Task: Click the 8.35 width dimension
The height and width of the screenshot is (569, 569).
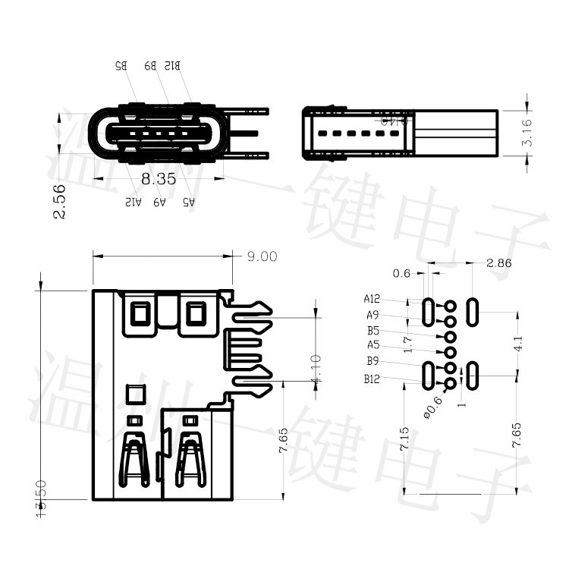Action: pyautogui.click(x=159, y=179)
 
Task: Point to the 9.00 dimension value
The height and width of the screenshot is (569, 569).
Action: pyautogui.click(x=262, y=256)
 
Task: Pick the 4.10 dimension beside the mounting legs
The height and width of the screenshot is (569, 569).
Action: pyautogui.click(x=316, y=369)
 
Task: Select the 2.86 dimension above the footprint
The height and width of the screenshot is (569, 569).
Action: pyautogui.click(x=498, y=263)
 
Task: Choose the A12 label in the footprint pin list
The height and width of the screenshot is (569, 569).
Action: pyautogui.click(x=372, y=298)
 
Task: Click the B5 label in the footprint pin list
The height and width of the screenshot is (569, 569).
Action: pyautogui.click(x=373, y=331)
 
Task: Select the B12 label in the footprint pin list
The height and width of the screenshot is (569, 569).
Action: pyautogui.click(x=372, y=379)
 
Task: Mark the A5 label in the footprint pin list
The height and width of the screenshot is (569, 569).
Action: pyautogui.click(x=373, y=345)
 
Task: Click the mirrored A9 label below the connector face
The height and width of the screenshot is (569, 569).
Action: pyautogui.click(x=159, y=203)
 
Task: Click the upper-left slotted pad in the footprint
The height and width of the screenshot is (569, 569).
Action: pyautogui.click(x=429, y=311)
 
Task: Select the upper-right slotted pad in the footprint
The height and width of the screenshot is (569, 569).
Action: pyautogui.click(x=473, y=311)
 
